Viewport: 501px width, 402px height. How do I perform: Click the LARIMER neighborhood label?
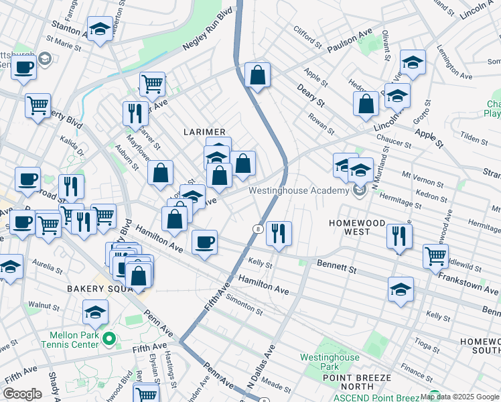[x=206, y=132]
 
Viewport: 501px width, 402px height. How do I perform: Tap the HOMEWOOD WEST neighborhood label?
[x=357, y=227]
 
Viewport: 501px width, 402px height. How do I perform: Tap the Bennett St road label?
[x=337, y=268]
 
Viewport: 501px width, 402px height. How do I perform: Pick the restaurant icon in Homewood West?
[x=399, y=235]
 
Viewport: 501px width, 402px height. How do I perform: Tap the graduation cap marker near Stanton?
[x=100, y=28]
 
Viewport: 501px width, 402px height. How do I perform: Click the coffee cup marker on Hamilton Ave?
[x=204, y=241]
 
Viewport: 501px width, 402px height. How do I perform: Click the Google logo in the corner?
[x=23, y=394]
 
